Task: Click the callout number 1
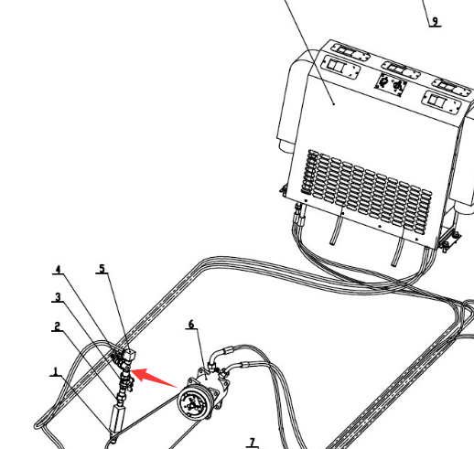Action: click(x=56, y=371)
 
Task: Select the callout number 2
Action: click(x=58, y=326)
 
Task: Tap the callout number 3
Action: click(x=58, y=297)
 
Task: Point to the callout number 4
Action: click(x=58, y=270)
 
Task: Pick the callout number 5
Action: click(x=102, y=269)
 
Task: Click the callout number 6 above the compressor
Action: click(x=191, y=324)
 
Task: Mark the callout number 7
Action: click(x=252, y=443)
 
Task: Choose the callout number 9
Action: click(x=436, y=22)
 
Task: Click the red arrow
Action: click(x=154, y=378)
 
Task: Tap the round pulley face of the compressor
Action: click(x=192, y=403)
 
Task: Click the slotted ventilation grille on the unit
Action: click(x=367, y=191)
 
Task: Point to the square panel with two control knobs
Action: click(x=391, y=85)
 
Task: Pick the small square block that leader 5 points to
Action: click(x=129, y=355)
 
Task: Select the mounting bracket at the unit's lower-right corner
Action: click(x=448, y=240)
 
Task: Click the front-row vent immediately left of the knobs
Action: click(x=341, y=68)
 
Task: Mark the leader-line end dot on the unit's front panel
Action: click(x=334, y=104)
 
